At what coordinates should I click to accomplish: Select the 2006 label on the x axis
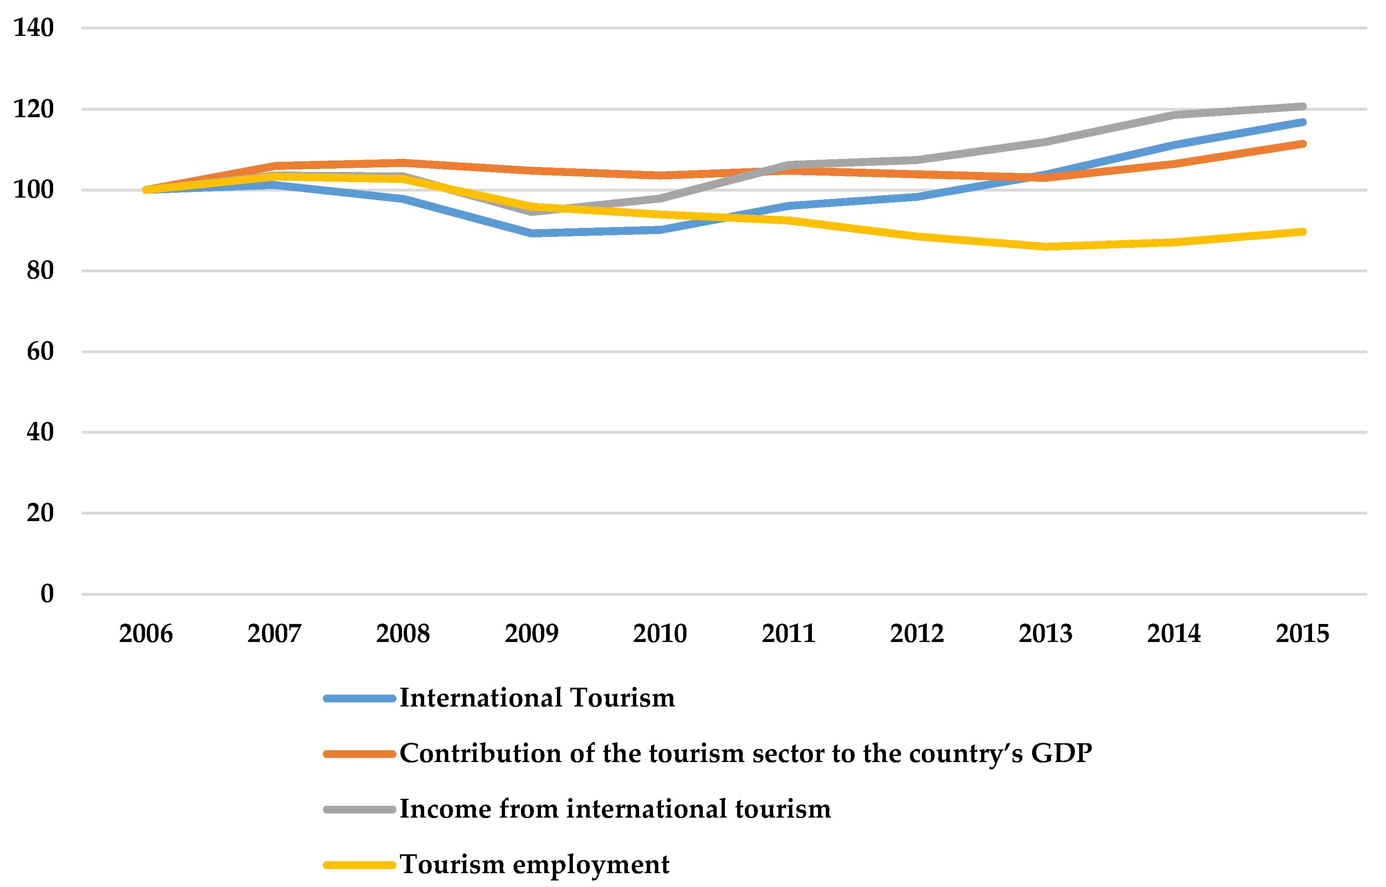[146, 633]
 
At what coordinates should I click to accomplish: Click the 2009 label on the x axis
[531, 633]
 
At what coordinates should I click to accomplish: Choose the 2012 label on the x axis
[917, 633]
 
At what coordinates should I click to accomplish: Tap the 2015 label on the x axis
[1302, 633]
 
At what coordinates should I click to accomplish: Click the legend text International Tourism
[537, 698]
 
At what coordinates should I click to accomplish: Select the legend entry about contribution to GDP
[745, 753]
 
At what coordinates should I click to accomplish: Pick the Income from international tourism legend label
[615, 809]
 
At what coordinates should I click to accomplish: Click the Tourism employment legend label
[534, 865]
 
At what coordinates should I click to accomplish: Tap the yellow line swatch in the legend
[360, 865]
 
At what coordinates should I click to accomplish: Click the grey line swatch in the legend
[360, 810]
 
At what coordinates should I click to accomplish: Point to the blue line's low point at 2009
[531, 233]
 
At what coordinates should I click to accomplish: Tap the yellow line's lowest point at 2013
[1045, 247]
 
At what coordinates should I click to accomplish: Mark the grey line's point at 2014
[1174, 115]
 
